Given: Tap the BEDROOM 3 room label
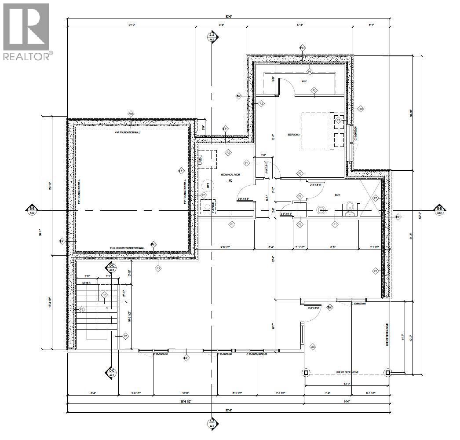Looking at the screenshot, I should click(x=294, y=135).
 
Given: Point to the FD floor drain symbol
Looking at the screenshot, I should click(x=230, y=181).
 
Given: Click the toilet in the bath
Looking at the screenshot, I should click(x=350, y=206).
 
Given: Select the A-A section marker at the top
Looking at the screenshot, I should click(x=212, y=37).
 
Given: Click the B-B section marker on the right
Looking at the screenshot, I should click(x=438, y=210).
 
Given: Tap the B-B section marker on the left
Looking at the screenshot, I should click(x=32, y=210).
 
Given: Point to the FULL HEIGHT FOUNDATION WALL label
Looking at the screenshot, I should click(x=128, y=248).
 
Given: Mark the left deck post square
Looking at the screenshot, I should click(x=306, y=372).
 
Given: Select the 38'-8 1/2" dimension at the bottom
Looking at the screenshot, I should click(x=185, y=402).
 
